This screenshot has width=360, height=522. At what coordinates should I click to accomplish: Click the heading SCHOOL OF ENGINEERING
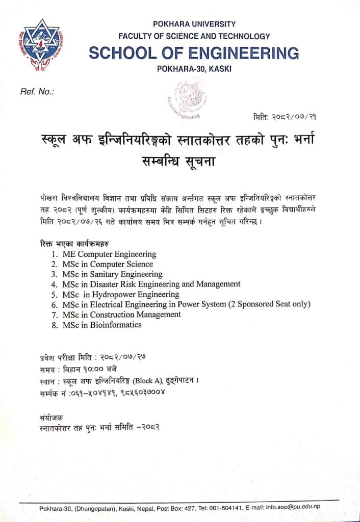194,53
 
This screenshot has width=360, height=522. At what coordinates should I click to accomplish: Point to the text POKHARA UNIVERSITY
194,24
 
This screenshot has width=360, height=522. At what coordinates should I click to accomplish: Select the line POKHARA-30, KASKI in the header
194,69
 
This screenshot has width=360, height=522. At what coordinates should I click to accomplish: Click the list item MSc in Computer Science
108,264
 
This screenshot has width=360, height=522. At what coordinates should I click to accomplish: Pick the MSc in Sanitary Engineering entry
112,274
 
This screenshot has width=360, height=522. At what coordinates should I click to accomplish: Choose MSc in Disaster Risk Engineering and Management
151,284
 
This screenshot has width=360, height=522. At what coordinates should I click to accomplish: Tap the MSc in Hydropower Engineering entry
120,294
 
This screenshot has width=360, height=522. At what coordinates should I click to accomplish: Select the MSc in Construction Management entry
121,315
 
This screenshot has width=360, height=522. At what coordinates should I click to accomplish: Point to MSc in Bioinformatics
102,325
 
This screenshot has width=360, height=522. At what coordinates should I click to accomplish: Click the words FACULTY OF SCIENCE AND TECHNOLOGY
194,36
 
